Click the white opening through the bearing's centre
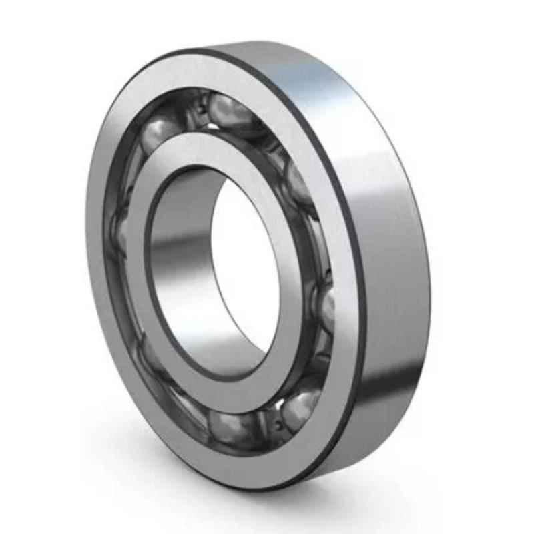244,267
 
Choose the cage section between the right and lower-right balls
320,360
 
